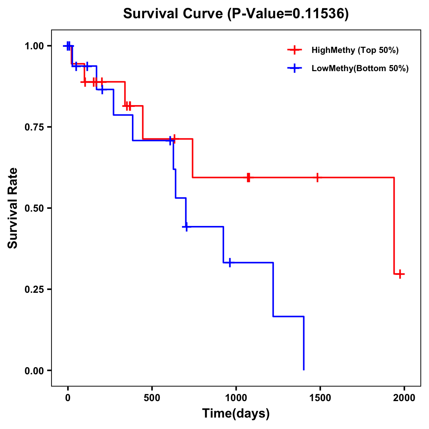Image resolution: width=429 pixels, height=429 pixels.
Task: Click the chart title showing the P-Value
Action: point(236,14)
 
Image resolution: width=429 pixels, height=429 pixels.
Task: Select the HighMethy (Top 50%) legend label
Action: point(355,50)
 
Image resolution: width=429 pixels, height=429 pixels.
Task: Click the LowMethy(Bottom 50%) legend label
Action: point(360,68)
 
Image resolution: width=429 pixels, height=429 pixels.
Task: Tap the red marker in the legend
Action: point(295,50)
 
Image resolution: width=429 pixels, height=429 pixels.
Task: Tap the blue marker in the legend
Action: point(295,68)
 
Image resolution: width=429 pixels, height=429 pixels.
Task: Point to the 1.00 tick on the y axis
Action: point(34,46)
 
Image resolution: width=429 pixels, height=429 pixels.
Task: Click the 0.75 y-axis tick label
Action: point(34,127)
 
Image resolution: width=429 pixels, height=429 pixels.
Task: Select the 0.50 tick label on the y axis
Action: point(34,208)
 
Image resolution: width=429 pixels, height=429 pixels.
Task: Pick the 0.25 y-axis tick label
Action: point(34,290)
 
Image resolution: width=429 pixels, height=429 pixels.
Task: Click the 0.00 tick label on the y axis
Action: point(34,371)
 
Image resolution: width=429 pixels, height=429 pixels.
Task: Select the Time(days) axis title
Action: point(236,414)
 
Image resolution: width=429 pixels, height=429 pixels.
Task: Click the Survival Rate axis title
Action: point(13,208)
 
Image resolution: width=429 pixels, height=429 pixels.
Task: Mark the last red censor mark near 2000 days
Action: point(401,274)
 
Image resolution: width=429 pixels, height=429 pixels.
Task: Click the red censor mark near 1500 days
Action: point(317,177)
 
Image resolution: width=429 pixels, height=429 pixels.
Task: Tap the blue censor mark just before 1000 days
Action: point(230,262)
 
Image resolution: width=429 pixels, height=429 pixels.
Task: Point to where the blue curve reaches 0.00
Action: point(304,370)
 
